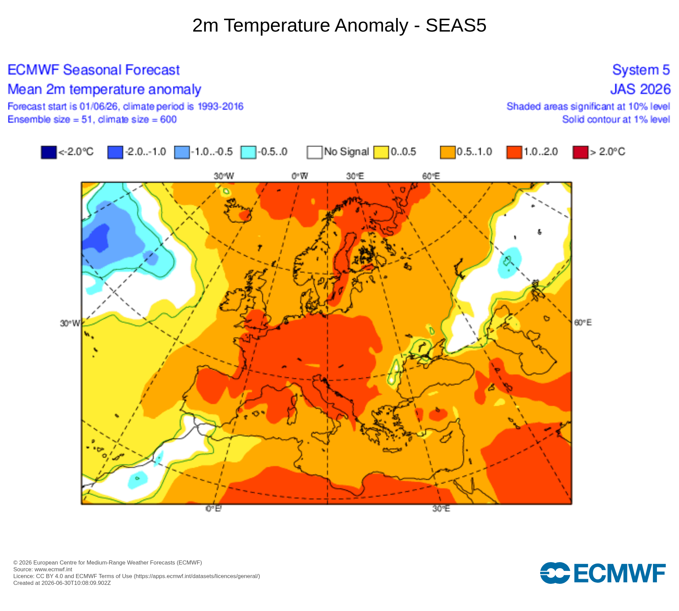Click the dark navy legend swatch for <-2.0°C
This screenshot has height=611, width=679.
[x=49, y=152]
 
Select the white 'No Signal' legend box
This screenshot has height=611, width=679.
[x=315, y=152]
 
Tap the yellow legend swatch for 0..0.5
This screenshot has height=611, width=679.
[x=381, y=152]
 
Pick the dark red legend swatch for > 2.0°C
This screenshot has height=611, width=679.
[x=581, y=152]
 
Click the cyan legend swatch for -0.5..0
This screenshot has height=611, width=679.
[x=249, y=152]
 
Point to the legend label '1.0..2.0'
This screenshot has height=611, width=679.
[x=541, y=151]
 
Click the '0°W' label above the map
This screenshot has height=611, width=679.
[x=300, y=176]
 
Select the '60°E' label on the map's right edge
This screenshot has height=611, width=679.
[x=583, y=322]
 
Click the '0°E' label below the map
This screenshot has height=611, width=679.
[x=214, y=508]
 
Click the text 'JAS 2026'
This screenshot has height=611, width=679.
[x=640, y=89]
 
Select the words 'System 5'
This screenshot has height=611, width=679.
[x=641, y=70]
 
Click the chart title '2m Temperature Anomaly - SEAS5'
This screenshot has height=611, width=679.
[x=339, y=25]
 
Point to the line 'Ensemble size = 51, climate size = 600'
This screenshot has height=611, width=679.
[x=92, y=119]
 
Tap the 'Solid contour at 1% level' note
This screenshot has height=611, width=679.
[x=616, y=119]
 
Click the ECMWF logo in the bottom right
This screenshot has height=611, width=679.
[x=603, y=573]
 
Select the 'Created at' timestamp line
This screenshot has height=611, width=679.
[x=62, y=583]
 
